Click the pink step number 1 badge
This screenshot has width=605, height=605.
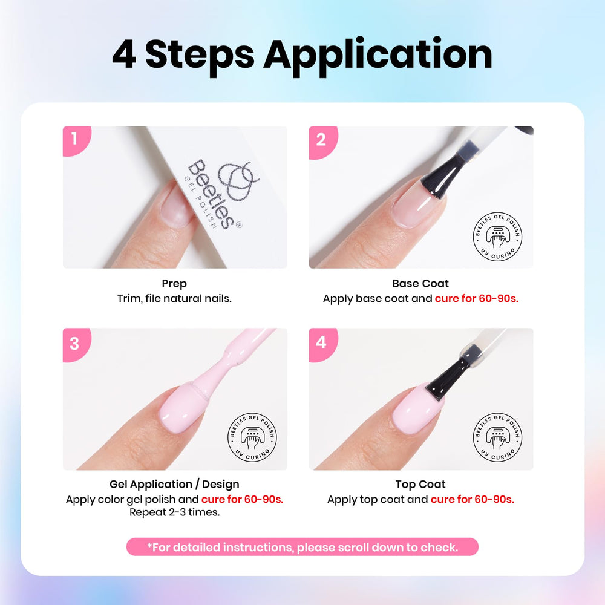point(76,140)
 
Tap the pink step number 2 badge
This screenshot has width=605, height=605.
point(322,142)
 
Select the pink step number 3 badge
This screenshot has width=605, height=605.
point(76,344)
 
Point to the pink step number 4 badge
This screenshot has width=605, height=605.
point(322,344)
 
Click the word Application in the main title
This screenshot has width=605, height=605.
point(378,56)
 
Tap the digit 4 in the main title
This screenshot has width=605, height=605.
point(124,54)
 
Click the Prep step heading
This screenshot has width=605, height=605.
point(174,284)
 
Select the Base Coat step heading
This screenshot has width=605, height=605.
point(420,284)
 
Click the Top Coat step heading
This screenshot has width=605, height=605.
point(420,484)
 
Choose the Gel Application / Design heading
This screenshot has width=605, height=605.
point(174,484)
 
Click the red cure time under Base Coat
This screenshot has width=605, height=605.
point(477,299)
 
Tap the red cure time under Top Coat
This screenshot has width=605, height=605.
point(473,499)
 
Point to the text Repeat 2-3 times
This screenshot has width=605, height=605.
point(174,512)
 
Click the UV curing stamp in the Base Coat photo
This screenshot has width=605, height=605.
point(498,237)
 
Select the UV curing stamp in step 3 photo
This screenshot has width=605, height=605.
point(252,437)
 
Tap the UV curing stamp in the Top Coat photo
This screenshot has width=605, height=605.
point(498,437)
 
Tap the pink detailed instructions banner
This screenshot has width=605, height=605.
point(302,547)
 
